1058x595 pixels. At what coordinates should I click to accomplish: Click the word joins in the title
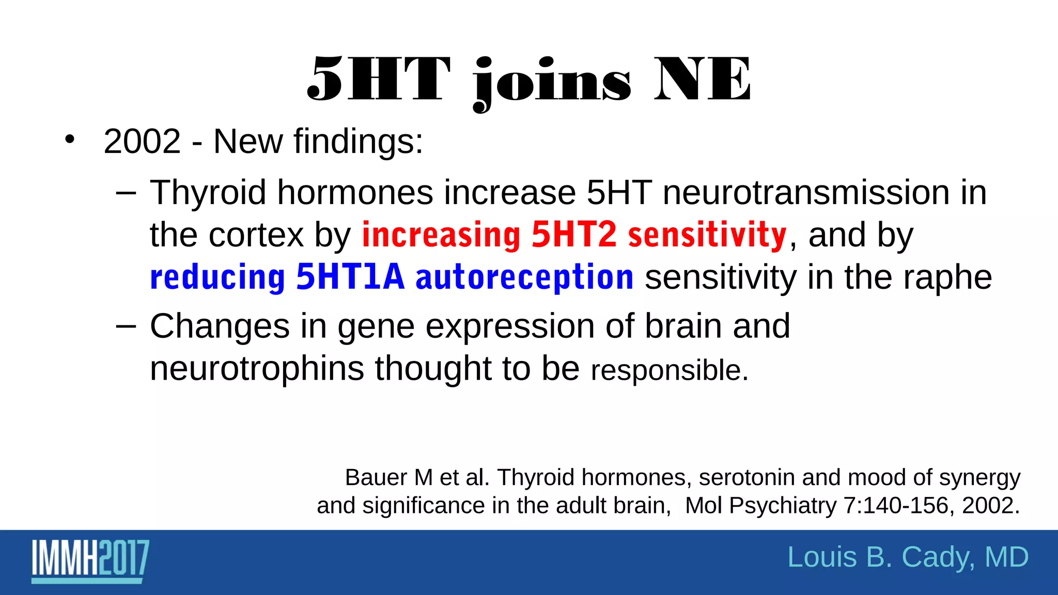[x=552, y=83]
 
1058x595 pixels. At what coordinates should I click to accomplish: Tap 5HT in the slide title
[x=378, y=80]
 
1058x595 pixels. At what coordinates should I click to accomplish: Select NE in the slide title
[x=703, y=80]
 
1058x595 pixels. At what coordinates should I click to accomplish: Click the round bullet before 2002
[x=70, y=139]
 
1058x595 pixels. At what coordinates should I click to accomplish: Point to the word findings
[x=358, y=142]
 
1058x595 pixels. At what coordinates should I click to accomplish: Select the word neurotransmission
[x=806, y=193]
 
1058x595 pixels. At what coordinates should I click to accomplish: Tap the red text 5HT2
[x=574, y=235]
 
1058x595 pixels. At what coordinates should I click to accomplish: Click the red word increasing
[x=441, y=235]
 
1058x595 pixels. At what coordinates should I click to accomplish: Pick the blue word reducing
[x=217, y=277]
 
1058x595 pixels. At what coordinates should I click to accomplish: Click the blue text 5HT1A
[x=350, y=277]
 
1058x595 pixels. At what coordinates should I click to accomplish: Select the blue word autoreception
[x=524, y=277]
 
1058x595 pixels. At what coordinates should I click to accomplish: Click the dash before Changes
[x=126, y=326]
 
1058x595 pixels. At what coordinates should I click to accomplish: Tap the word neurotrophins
[x=257, y=369]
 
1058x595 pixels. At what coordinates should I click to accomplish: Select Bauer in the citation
[x=376, y=478]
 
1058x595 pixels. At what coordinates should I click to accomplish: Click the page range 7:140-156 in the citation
[x=899, y=506]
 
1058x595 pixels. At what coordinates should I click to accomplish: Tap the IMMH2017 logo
[x=90, y=560]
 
